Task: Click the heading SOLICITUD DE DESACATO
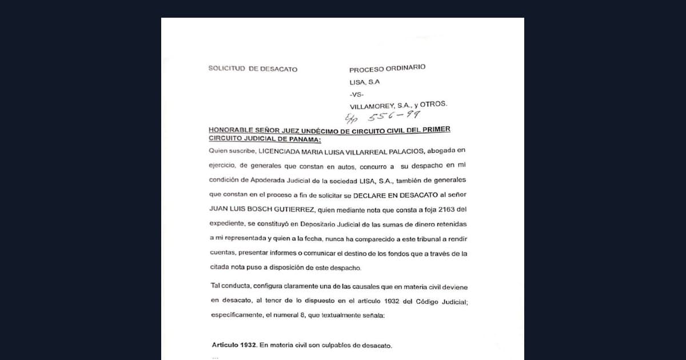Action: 253,69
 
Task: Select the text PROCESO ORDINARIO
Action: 387,68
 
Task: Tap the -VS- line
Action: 356,94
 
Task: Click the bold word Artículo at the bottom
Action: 233,346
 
